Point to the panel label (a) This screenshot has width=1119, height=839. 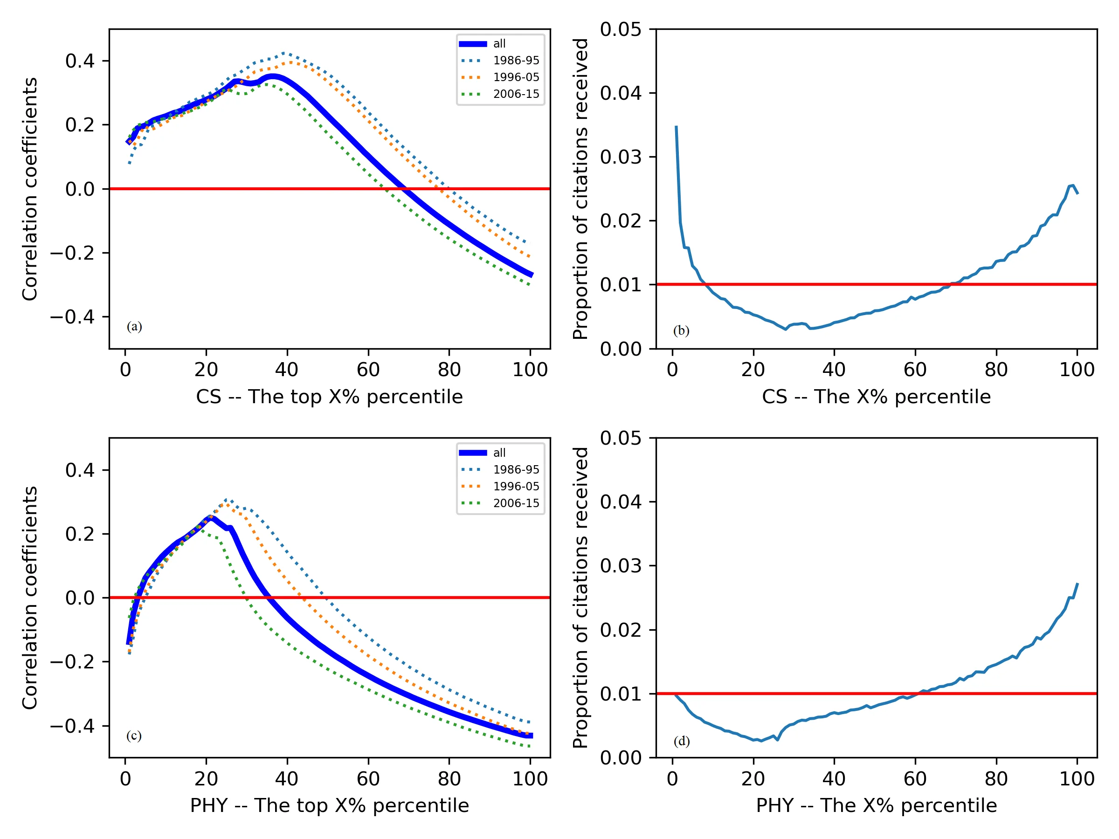[134, 326]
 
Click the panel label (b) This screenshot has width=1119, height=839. [681, 331]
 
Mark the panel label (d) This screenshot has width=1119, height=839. [681, 741]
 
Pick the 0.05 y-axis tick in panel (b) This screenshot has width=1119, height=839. [620, 29]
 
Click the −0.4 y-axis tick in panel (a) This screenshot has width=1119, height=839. [72, 317]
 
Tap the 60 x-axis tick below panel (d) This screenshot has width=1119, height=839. [915, 779]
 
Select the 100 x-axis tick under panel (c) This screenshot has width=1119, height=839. [530, 779]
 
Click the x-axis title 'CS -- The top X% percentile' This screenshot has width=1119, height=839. [329, 397]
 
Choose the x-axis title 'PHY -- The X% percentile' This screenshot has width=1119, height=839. [876, 805]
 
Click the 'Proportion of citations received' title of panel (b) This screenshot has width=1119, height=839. [581, 189]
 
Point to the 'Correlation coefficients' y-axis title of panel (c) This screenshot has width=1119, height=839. [30, 598]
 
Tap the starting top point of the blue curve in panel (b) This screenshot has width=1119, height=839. [677, 126]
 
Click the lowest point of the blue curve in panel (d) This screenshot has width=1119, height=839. [761, 741]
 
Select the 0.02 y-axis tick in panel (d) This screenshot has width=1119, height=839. [620, 630]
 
